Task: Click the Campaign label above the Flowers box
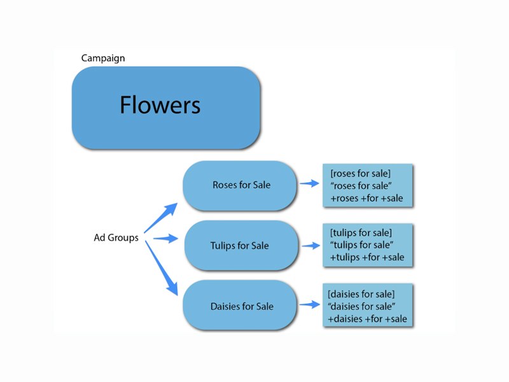pyautogui.click(x=103, y=59)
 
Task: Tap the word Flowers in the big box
pyautogui.click(x=160, y=105)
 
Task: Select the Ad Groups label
pyautogui.click(x=116, y=238)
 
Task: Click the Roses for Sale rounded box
pyautogui.click(x=241, y=185)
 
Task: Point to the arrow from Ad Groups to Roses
pyautogui.click(x=161, y=218)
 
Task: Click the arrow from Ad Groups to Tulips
pyautogui.click(x=164, y=239)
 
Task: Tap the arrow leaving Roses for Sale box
pyautogui.click(x=309, y=184)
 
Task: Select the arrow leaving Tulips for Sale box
pyautogui.click(x=309, y=245)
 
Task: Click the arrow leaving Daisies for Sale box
pyautogui.click(x=309, y=306)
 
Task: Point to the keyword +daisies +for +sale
pyautogui.click(x=366, y=318)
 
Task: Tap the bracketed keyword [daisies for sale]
pyautogui.click(x=361, y=294)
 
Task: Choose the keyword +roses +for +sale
pyautogui.click(x=366, y=199)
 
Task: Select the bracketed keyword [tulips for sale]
pyautogui.click(x=361, y=233)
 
